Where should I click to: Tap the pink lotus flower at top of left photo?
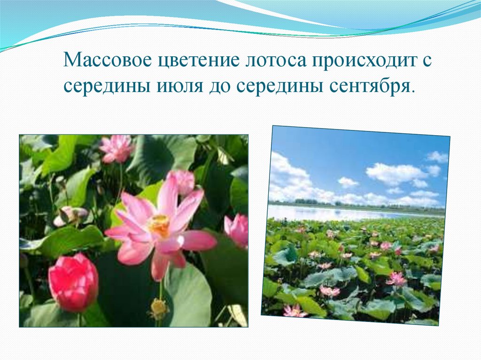[116, 148]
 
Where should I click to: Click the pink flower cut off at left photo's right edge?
[238, 230]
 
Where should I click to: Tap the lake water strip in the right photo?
[329, 214]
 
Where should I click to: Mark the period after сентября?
[413, 92]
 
